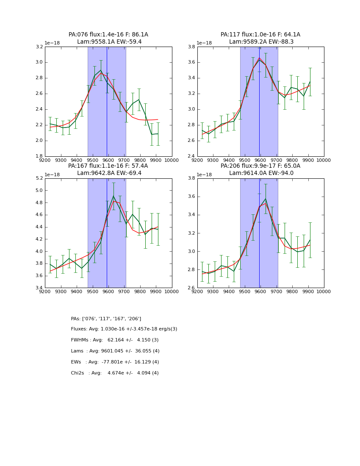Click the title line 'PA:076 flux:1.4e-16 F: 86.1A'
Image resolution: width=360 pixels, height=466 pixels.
(108, 35)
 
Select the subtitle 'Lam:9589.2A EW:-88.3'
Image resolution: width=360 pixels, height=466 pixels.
(260, 42)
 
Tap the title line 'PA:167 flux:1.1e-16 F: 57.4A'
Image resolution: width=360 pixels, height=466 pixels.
(108, 166)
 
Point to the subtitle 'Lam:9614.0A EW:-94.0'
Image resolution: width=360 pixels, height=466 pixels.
(260, 173)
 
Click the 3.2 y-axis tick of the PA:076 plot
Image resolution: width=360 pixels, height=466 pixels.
(39, 47)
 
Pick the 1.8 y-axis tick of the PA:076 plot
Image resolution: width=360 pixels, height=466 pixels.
(39, 156)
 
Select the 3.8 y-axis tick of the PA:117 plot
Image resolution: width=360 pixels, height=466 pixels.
(191, 47)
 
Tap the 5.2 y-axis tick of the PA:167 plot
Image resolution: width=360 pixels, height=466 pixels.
(39, 178)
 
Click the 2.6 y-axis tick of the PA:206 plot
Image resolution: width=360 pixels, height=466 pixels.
(191, 288)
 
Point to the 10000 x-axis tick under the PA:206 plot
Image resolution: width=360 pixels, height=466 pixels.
(324, 292)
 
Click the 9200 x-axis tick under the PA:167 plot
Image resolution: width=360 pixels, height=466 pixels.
(45, 292)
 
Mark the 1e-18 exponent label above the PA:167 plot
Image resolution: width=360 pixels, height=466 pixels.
(52, 175)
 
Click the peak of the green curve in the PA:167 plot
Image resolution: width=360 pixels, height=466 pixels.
(114, 196)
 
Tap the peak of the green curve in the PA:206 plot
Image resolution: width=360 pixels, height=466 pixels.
(266, 199)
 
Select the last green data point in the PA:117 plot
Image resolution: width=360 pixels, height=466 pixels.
(310, 82)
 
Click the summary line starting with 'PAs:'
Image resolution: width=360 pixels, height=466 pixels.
(106, 319)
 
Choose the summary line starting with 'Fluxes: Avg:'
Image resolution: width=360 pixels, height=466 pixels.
(124, 329)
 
